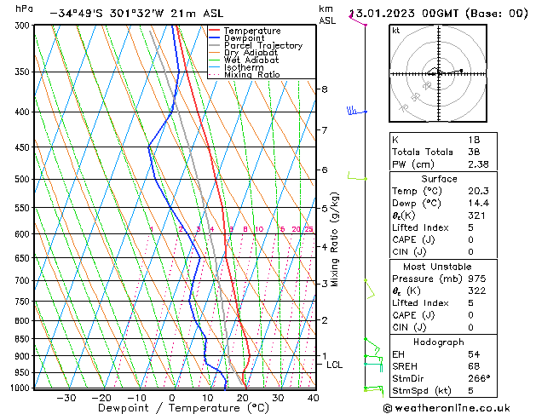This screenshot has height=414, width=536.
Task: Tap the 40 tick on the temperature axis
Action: [x=314, y=398]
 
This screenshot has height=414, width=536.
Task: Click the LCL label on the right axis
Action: [x=335, y=365]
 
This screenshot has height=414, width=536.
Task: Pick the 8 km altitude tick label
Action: [x=324, y=89]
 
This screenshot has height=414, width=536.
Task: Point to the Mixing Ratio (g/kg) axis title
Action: [x=335, y=239]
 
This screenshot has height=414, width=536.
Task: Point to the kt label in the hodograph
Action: [x=396, y=31]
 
